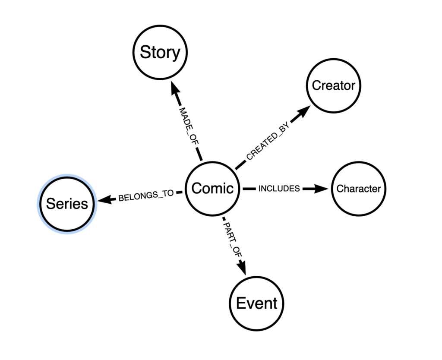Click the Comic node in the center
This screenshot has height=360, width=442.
212,189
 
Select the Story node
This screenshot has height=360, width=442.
160,52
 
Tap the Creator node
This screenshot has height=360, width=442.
334,86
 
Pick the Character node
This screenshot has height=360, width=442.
359,189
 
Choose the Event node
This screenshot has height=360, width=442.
256,303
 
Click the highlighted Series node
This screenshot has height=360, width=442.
67,204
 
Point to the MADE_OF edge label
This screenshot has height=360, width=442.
189,126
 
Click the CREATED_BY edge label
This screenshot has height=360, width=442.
268,141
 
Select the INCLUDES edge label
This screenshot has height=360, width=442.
279,189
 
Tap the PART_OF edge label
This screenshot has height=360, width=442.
233,239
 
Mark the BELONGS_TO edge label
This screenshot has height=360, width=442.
146,196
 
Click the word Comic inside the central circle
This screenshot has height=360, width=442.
212,188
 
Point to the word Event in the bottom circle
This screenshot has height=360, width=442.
256,303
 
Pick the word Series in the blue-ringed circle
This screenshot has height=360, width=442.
67,204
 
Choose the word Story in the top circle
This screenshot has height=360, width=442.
160,53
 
